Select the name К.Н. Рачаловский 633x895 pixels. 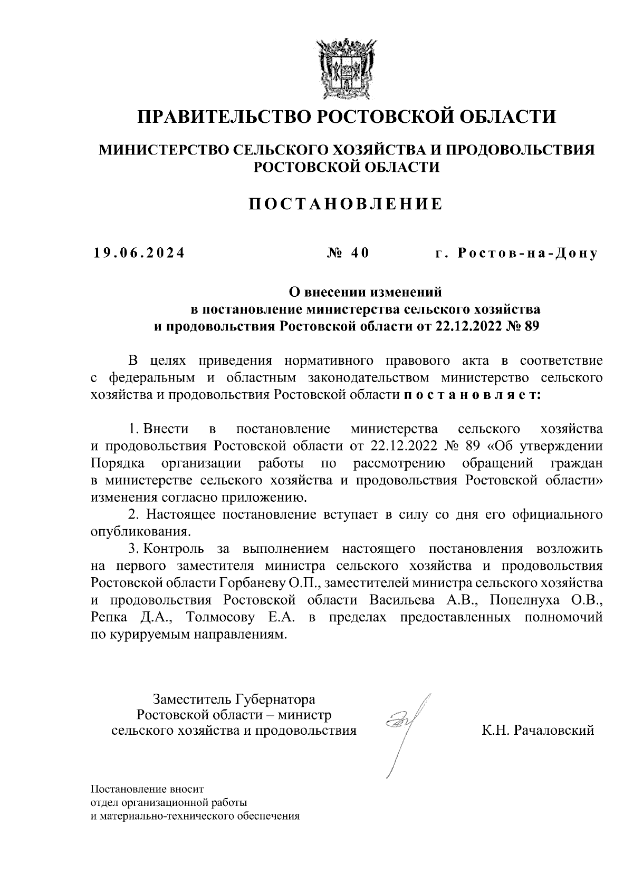click(x=538, y=730)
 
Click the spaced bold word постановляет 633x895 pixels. click(x=472, y=395)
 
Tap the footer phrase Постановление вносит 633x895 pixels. click(x=147, y=789)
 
